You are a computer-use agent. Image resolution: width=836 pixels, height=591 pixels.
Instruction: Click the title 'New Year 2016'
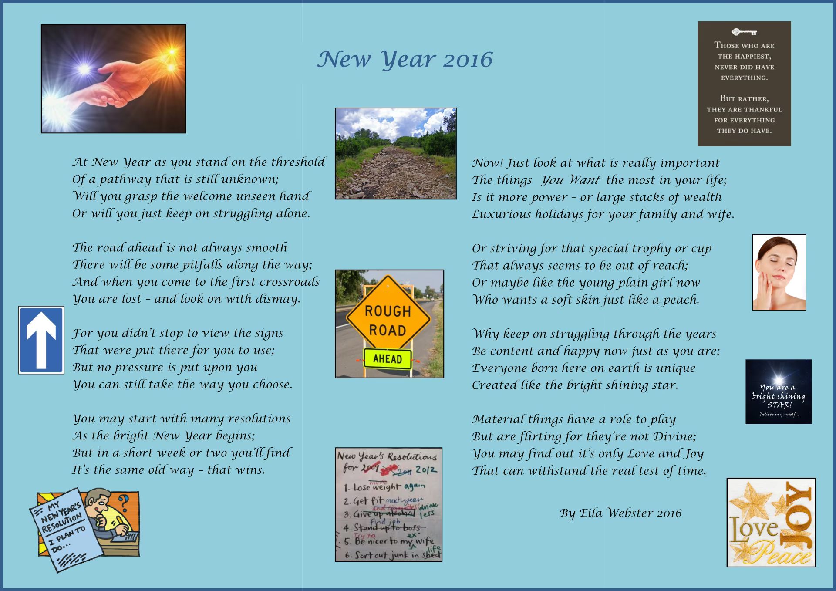[405, 59]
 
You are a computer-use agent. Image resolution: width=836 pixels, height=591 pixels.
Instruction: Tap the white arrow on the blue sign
[40, 340]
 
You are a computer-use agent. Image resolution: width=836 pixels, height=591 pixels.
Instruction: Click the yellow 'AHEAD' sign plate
[388, 359]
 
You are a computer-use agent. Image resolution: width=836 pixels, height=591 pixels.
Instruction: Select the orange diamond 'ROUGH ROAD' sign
[388, 321]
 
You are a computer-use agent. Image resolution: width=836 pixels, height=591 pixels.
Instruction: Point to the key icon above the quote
[744, 32]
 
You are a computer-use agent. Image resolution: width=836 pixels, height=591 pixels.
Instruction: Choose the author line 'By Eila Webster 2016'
[620, 513]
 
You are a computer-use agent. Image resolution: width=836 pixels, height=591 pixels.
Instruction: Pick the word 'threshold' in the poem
[298, 162]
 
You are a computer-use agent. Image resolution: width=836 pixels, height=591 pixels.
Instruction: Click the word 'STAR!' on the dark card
[779, 405]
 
